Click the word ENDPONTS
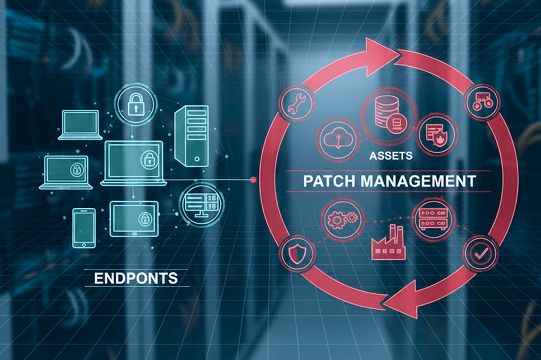pos(135,278)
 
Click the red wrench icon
pos(294,105)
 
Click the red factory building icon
pos(387,244)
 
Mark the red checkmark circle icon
pos(481,255)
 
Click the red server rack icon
pos(433,217)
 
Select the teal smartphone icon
pos(83,228)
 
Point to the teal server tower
pos(191,135)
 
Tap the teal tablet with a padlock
pos(134,218)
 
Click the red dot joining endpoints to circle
pos(254,180)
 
